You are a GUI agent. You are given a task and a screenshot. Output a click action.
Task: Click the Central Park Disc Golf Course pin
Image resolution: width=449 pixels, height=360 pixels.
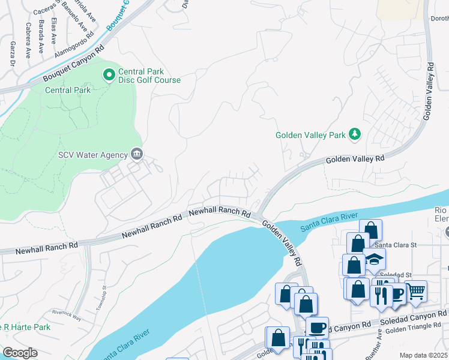(109, 75)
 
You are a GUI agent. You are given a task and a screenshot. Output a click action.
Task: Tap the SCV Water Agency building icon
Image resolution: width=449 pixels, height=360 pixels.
(136, 155)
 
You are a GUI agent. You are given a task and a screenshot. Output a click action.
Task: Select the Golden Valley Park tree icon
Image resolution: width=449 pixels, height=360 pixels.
(355, 134)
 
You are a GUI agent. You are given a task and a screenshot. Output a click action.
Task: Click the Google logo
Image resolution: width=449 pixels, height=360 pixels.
(20, 353)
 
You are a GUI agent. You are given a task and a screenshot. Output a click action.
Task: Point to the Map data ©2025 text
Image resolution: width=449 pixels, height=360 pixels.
(423, 355)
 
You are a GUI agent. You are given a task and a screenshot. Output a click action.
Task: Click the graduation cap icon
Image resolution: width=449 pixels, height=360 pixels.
(375, 259)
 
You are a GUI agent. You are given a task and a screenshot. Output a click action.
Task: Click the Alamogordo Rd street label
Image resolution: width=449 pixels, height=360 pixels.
(74, 44)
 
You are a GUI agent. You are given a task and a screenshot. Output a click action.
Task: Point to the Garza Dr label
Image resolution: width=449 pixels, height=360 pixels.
(12, 53)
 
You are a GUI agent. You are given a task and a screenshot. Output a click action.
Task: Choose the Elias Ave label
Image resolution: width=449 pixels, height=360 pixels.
(54, 30)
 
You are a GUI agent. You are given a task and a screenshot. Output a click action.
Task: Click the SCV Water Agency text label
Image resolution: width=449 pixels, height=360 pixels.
(92, 155)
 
